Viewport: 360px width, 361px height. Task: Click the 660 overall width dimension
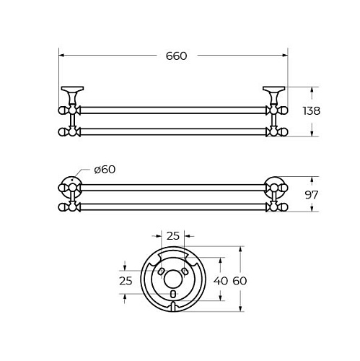click(176, 56)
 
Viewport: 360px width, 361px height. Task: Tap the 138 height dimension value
click(311, 111)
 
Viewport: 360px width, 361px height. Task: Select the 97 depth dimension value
click(312, 195)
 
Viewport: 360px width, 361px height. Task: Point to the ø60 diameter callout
click(105, 170)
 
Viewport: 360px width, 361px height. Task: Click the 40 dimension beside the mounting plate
click(220, 281)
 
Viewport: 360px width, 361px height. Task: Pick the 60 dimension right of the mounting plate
click(240, 281)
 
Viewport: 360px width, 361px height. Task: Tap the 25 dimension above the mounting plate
click(173, 236)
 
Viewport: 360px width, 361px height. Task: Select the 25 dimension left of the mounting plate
click(126, 281)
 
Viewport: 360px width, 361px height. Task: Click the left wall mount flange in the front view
click(72, 88)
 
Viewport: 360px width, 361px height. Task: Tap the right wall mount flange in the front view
click(273, 88)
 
